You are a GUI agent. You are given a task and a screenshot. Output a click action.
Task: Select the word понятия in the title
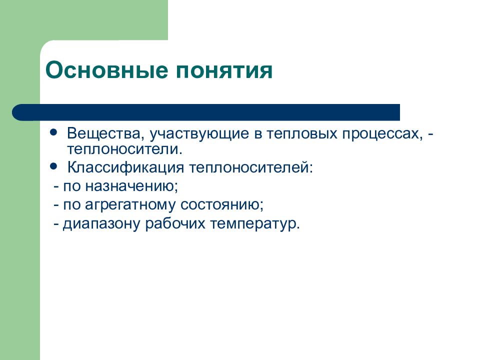(x=223, y=70)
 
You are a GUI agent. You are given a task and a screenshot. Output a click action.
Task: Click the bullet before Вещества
(x=53, y=133)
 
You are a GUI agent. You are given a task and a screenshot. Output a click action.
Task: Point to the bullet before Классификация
(x=53, y=164)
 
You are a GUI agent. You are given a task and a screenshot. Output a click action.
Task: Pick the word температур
(x=255, y=223)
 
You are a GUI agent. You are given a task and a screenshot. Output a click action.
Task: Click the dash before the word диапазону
(x=57, y=223)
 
